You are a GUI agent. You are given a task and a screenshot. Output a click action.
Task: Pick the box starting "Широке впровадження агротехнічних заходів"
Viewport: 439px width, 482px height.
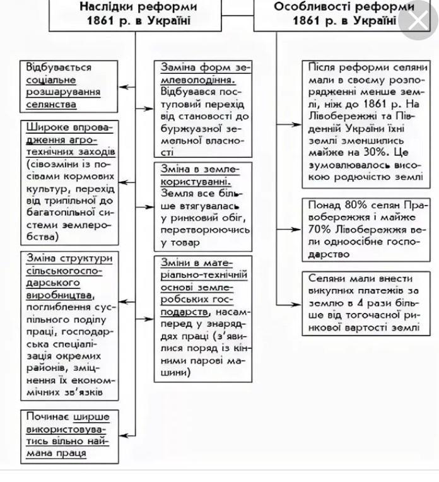[x=69, y=182]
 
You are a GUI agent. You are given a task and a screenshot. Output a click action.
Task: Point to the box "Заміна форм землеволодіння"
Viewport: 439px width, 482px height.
[x=202, y=108]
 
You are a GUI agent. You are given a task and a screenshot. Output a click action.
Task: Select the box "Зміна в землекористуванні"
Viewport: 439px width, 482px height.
[x=202, y=205]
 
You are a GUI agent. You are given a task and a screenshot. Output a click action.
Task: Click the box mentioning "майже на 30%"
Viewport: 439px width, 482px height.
[x=365, y=122]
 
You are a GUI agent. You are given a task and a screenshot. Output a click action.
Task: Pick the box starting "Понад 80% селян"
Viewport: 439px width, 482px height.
[x=365, y=230]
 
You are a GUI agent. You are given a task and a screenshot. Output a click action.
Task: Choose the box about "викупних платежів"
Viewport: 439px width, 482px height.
[x=365, y=303]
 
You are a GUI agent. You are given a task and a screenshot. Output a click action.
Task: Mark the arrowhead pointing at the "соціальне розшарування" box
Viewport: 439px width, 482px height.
[x=124, y=86]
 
